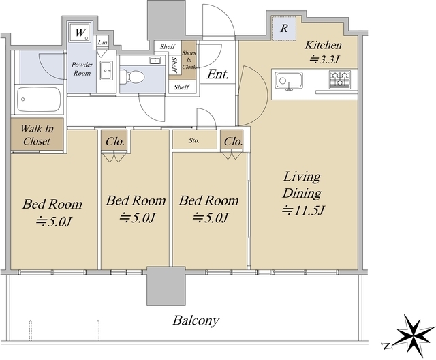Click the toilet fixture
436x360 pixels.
(132, 76)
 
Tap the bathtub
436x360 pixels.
(40, 100)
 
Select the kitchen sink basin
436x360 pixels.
(289, 80)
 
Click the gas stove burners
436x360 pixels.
(340, 79)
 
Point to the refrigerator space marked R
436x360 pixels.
(284, 29)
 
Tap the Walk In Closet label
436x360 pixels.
(37, 135)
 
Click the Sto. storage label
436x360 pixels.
(193, 140)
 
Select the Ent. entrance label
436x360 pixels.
(218, 74)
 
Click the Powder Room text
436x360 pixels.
(82, 69)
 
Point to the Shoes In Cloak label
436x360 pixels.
(189, 60)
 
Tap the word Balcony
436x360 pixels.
(196, 320)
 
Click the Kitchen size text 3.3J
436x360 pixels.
(324, 59)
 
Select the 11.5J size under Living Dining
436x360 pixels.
(302, 210)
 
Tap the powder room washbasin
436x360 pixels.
(106, 70)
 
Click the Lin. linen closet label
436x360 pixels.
(103, 42)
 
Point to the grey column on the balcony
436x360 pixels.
(166, 286)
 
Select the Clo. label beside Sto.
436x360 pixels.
(233, 142)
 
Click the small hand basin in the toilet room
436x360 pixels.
(155, 61)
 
